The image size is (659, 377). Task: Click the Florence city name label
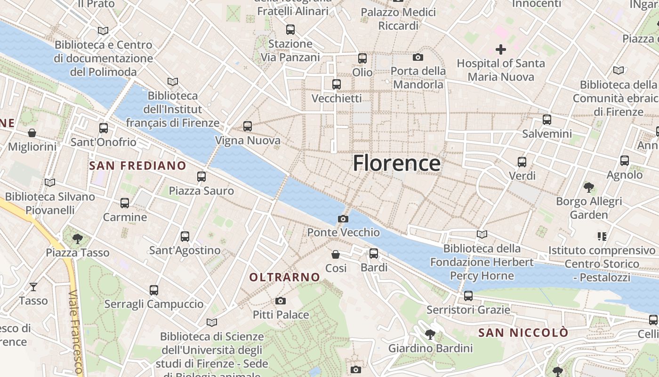coord(396,163)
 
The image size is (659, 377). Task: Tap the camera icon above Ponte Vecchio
coord(343,219)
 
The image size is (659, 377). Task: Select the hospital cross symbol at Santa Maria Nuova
coord(501,49)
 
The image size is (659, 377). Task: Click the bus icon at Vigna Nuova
coord(248,126)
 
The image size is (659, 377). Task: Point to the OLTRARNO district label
coord(285,278)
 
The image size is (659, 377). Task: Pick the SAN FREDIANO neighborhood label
coord(137,165)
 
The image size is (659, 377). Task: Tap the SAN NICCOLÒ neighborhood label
coord(523,333)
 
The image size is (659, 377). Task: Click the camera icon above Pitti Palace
coord(281,301)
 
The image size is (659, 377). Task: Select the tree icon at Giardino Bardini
coord(430,335)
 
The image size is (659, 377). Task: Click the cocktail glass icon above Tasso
coord(33,287)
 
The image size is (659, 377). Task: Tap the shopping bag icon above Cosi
coord(336,254)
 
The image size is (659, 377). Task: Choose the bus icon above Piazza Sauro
coord(201,177)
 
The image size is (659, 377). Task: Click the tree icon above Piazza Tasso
coord(78,238)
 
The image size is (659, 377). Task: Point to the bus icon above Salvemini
coord(546,120)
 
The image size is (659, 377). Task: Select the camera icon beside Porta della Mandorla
coord(418,57)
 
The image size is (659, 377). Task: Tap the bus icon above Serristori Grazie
coord(468,296)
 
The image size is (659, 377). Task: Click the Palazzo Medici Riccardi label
coord(398,19)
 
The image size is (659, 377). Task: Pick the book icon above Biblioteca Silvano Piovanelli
coord(50,182)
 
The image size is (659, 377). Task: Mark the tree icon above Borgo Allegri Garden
coord(588,188)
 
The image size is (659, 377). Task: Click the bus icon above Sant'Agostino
coord(185,237)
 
